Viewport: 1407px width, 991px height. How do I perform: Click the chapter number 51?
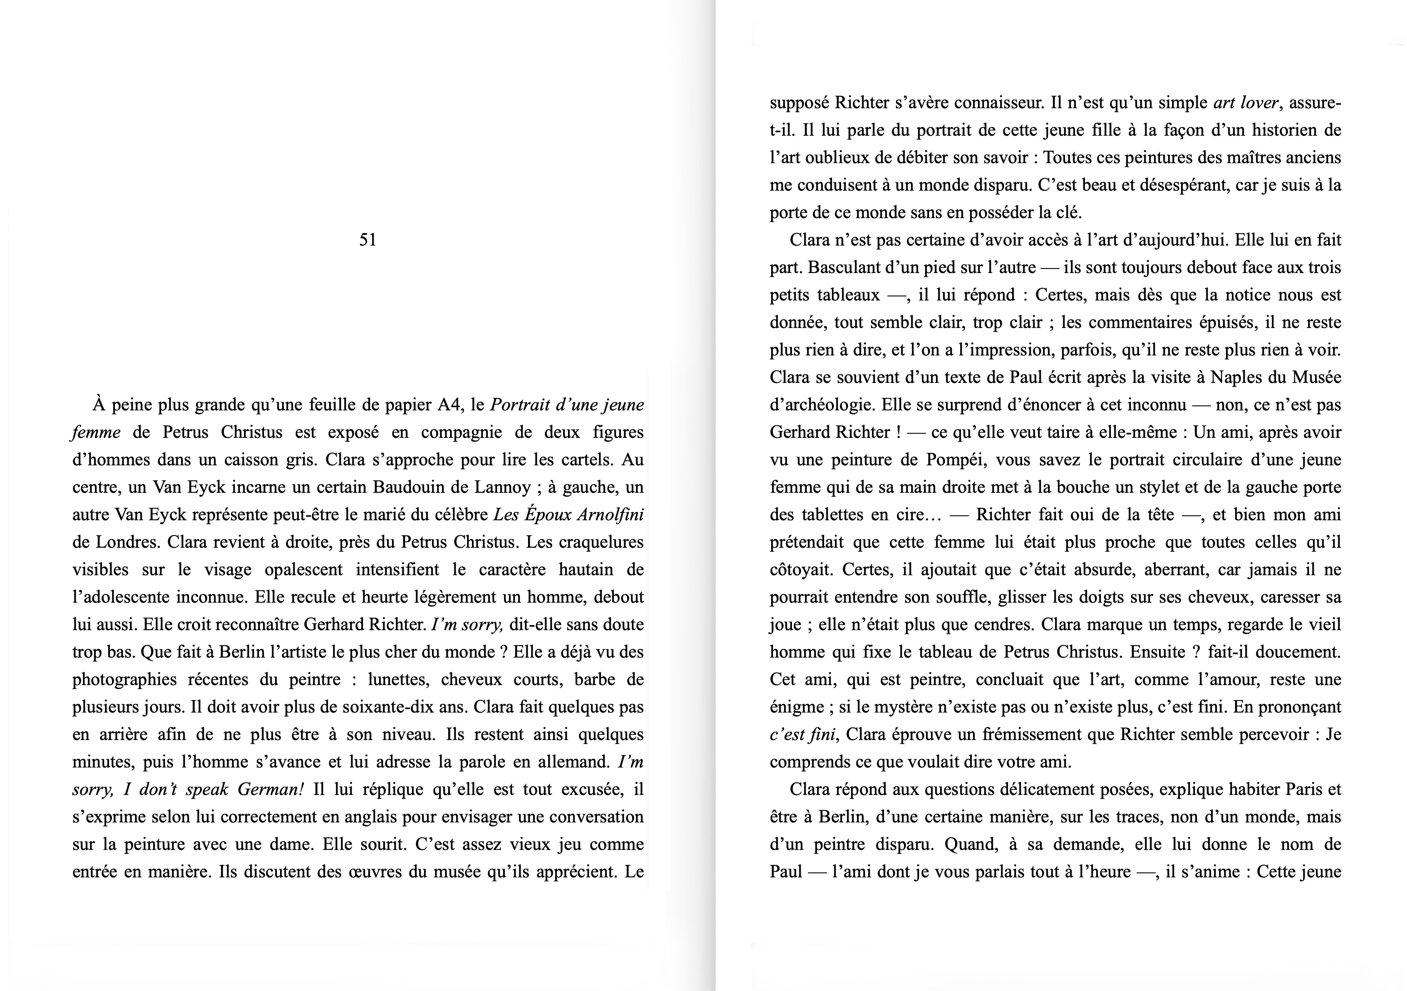tap(368, 240)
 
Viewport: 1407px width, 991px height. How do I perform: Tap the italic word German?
tap(270, 790)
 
